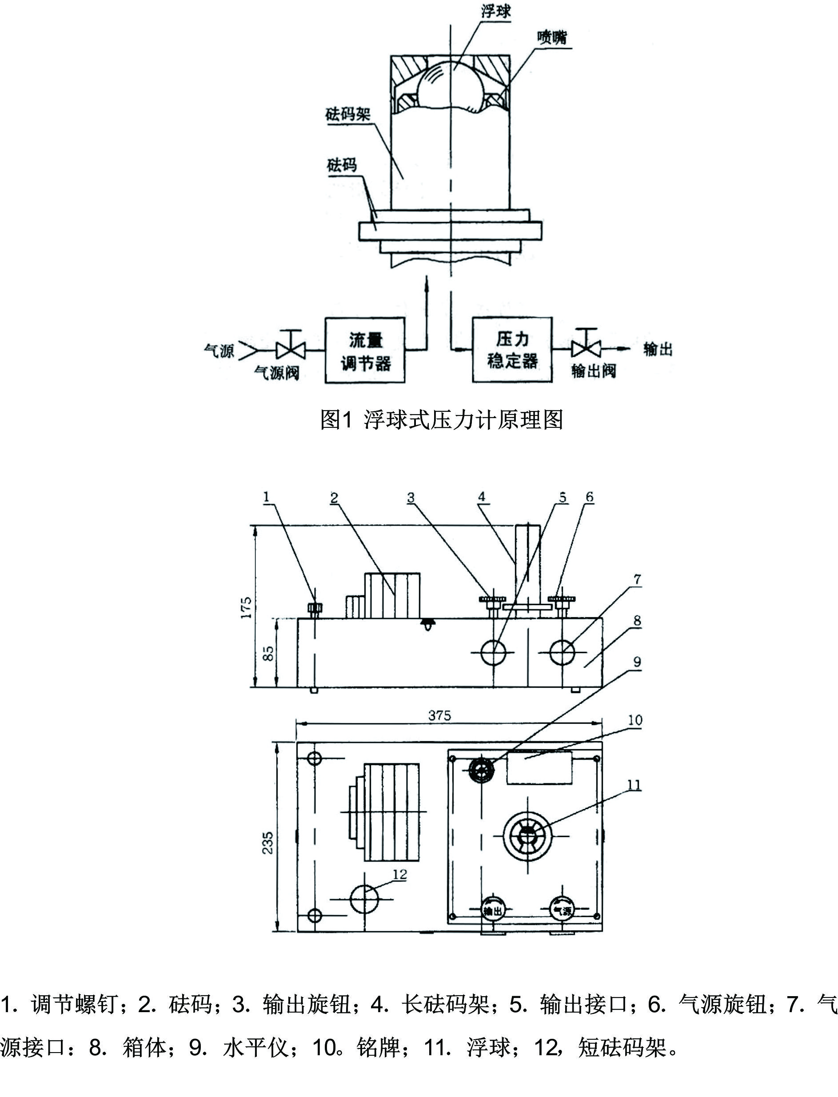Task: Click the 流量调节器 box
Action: [x=365, y=350]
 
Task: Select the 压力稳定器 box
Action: [x=512, y=350]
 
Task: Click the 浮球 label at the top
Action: [x=495, y=11]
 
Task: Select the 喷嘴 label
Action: [x=552, y=37]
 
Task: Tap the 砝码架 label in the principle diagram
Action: [x=347, y=115]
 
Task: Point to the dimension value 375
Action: [x=439, y=716]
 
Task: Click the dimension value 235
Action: [x=268, y=842]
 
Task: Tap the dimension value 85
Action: [x=268, y=653]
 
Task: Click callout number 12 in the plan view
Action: [x=399, y=874]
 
